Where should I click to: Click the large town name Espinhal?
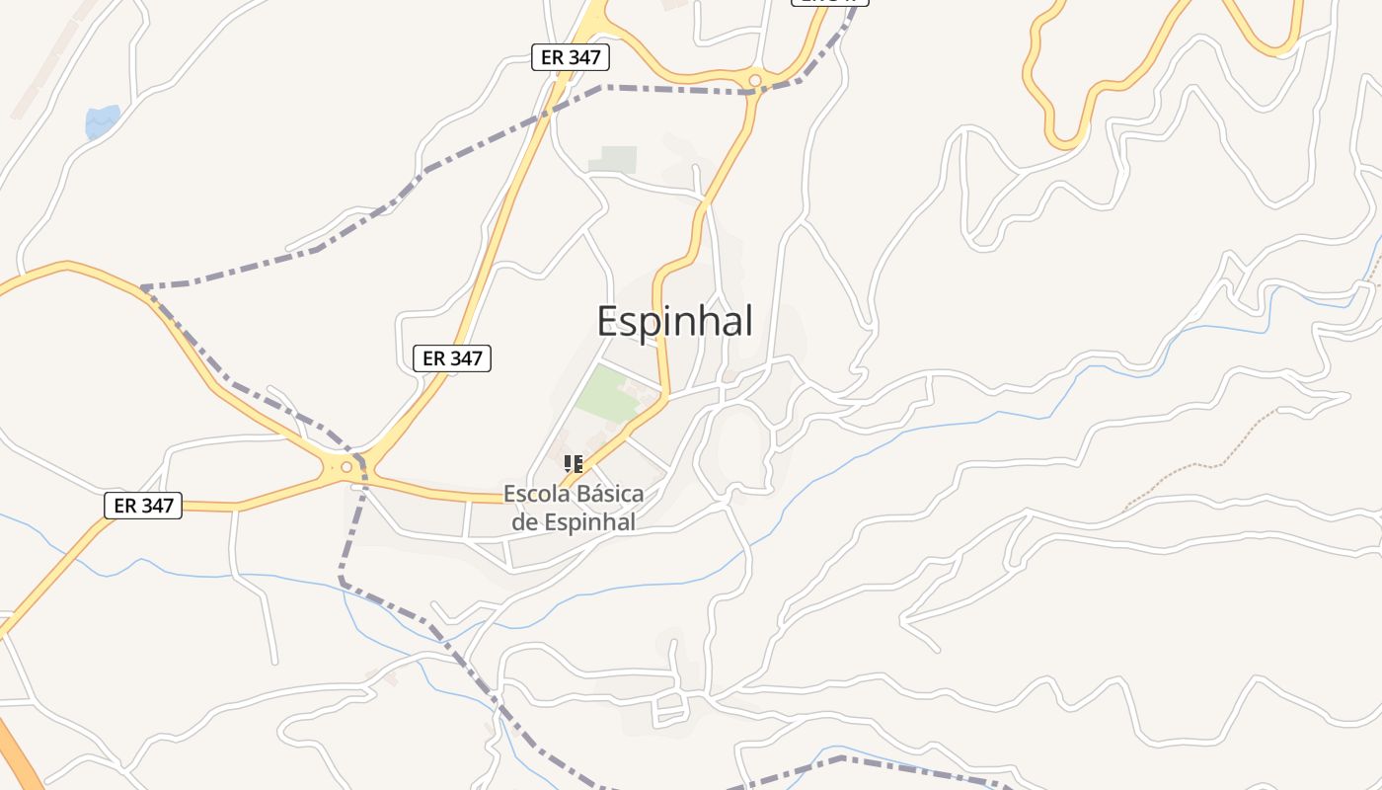(675, 322)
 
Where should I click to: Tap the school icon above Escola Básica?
(574, 463)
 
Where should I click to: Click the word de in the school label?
(523, 522)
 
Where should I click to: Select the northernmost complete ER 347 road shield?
(571, 57)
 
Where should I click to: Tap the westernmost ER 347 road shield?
(143, 506)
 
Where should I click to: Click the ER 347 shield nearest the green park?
(451, 358)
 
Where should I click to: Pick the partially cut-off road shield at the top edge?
(829, 2)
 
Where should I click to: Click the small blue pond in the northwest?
(102, 121)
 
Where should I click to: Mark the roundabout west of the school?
(346, 467)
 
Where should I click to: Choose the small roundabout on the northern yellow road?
(755, 80)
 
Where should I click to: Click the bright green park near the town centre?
(610, 393)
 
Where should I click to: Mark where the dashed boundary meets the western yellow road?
(144, 287)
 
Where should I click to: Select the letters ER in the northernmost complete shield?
(553, 57)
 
